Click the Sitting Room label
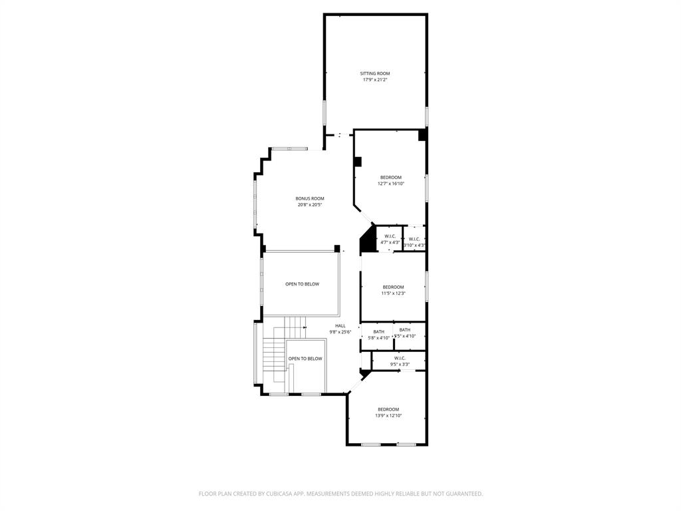(x=374, y=73)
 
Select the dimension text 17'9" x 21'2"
(x=374, y=80)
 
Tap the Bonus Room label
(x=310, y=198)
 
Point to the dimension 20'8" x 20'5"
(x=310, y=205)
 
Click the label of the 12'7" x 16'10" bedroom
(x=391, y=177)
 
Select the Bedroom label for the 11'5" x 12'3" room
(x=393, y=287)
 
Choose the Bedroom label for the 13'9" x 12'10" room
(x=388, y=409)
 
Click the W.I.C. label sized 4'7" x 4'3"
(x=390, y=236)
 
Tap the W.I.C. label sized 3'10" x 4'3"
(x=414, y=239)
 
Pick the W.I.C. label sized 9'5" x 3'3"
(x=399, y=358)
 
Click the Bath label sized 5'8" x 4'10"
(x=378, y=331)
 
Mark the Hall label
(x=340, y=325)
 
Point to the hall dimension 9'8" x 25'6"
(x=340, y=332)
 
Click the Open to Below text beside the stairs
(x=305, y=359)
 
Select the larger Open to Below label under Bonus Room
(x=302, y=284)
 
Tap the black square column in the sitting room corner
(x=422, y=135)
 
